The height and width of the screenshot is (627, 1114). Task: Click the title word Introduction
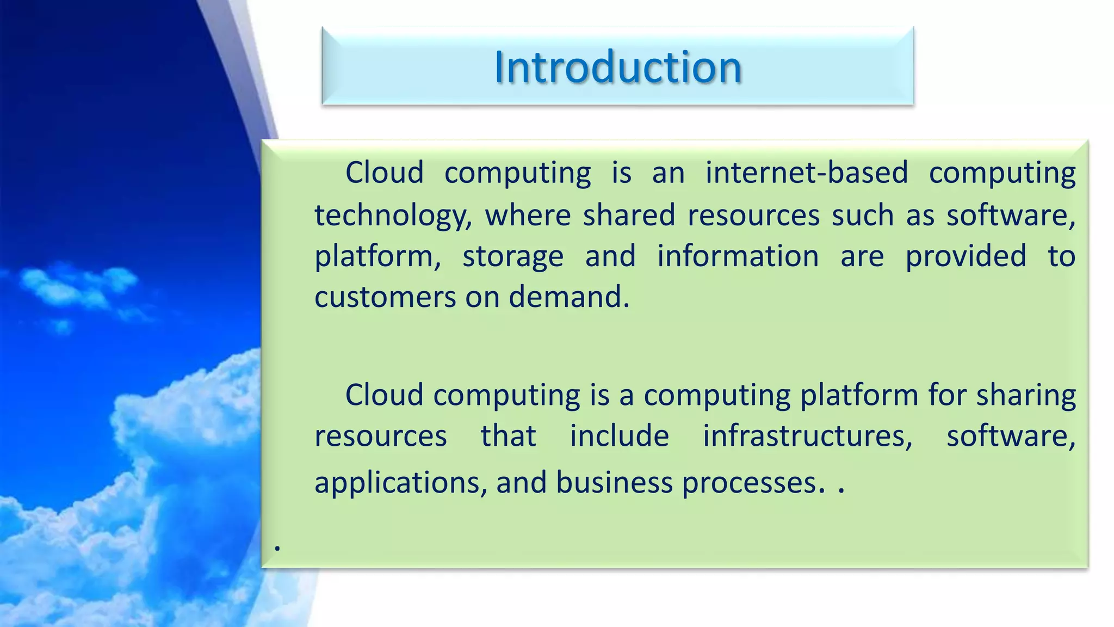[618, 67]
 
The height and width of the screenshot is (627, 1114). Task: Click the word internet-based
[807, 173]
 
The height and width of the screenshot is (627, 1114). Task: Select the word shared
[629, 215]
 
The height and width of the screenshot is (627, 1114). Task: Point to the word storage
[513, 256]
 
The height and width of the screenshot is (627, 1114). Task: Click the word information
[738, 256]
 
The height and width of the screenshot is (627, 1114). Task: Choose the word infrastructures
[807, 437]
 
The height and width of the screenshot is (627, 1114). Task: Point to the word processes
[749, 483]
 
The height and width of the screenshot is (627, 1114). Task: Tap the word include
[619, 437]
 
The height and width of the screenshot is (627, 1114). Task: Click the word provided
[966, 256]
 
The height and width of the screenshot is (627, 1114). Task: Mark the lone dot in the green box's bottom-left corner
[277, 548]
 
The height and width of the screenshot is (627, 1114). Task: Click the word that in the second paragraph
[508, 437]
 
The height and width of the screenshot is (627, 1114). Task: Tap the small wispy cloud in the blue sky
[76, 288]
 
